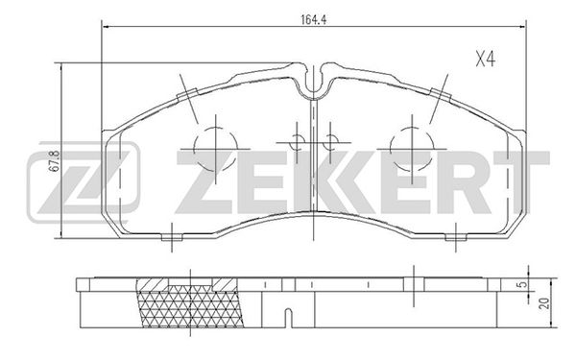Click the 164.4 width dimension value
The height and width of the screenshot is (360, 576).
pyautogui.click(x=313, y=20)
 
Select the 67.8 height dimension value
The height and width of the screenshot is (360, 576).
pyautogui.click(x=54, y=161)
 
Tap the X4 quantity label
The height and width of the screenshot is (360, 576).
pyautogui.click(x=485, y=60)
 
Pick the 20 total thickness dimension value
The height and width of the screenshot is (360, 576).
pyautogui.click(x=545, y=303)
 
